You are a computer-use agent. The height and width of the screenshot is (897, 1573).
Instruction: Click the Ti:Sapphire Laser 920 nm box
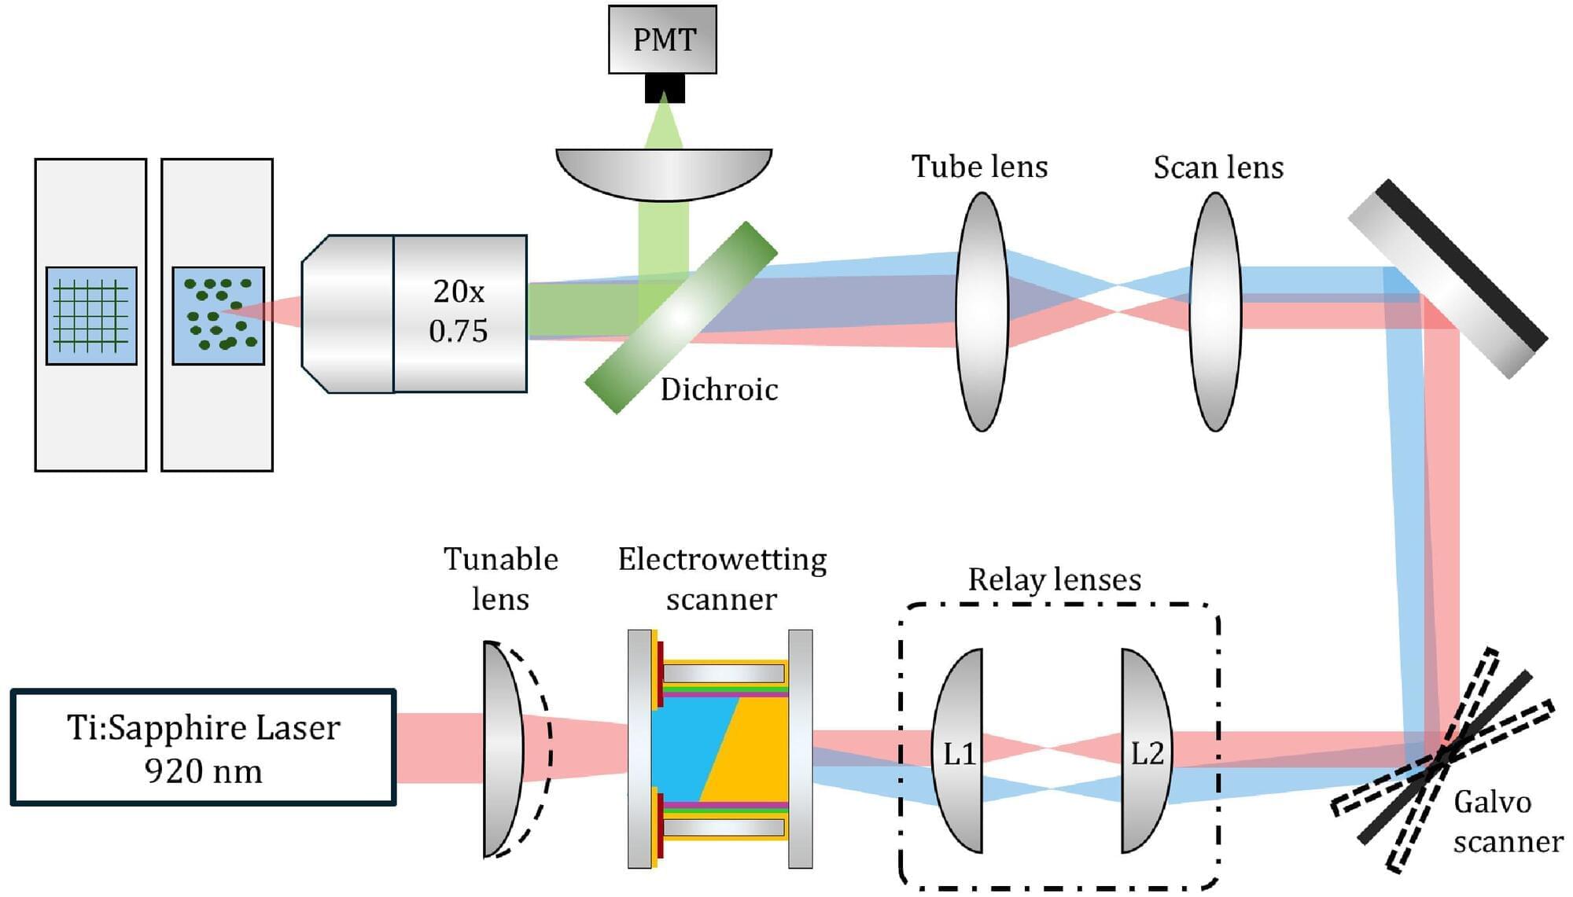tap(203, 748)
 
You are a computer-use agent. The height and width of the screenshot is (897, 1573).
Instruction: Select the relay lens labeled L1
tap(959, 752)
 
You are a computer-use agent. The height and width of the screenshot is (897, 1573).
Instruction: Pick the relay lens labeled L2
tap(1146, 752)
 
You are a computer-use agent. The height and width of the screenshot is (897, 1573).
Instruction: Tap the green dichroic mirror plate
tap(681, 317)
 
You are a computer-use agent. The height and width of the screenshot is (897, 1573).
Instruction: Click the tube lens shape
tap(982, 311)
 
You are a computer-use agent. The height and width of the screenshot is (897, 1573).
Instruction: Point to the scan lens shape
tap(1215, 311)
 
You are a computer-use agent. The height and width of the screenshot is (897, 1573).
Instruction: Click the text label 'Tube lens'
tap(979, 167)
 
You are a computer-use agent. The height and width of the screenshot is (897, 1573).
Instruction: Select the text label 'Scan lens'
tap(1218, 167)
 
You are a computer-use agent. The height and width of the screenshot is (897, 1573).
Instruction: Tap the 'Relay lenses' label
tap(1054, 579)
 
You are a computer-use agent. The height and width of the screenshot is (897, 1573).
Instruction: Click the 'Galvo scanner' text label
tap(1507, 822)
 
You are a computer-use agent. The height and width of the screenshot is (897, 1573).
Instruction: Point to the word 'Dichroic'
tap(719, 389)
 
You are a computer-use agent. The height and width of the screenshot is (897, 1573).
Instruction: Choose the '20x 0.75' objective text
tap(459, 311)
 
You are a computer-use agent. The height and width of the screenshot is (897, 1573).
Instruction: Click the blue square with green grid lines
tap(91, 316)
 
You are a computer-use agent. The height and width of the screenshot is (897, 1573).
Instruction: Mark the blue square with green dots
tap(218, 316)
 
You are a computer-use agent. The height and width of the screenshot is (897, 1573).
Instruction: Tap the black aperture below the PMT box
tap(665, 88)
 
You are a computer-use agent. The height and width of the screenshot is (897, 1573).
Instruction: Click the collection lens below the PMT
tap(664, 173)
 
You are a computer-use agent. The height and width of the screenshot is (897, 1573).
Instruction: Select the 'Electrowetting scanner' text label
tap(722, 579)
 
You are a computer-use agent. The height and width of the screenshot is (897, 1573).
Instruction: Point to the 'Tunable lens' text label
tap(500, 579)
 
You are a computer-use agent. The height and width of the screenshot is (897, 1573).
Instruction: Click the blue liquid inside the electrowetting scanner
tap(684, 747)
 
